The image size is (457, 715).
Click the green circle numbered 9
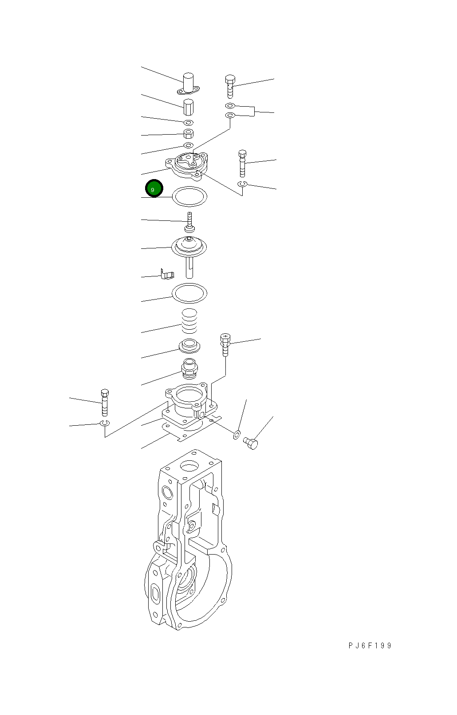(154, 188)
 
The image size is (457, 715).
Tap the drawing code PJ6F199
(370, 645)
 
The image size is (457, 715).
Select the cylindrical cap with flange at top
(188, 84)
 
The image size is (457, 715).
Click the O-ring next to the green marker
(189, 196)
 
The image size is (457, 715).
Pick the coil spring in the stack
(189, 321)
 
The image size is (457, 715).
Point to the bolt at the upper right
(230, 87)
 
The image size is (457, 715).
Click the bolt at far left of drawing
(105, 403)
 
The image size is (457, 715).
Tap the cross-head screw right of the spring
(225, 345)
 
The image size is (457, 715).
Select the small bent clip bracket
(167, 274)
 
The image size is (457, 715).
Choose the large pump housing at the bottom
(188, 539)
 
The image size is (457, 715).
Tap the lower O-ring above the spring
(189, 293)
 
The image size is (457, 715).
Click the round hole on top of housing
(189, 467)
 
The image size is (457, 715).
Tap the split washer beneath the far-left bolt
(105, 423)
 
